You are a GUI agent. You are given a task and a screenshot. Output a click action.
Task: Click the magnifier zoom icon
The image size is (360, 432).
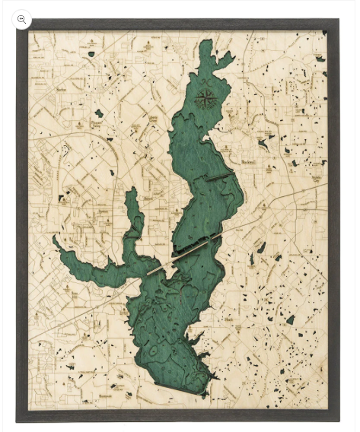click(x=21, y=19)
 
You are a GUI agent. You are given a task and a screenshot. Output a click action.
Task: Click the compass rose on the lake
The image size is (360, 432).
click(x=205, y=98)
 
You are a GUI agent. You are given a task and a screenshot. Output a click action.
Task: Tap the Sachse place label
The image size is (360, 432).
click(x=61, y=89)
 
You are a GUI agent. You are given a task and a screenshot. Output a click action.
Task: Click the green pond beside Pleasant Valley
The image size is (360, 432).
click(x=99, y=113)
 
